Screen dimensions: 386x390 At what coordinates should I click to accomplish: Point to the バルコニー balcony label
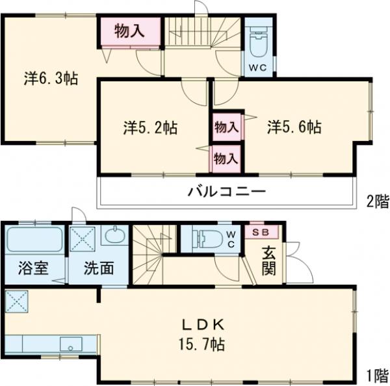click(x=227, y=192)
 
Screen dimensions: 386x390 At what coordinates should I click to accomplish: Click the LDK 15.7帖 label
click(x=203, y=333)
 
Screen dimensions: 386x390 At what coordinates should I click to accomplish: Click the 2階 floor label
click(x=376, y=202)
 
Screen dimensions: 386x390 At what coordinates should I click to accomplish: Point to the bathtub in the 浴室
click(x=34, y=239)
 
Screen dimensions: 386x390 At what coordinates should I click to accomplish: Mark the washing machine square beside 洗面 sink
click(x=83, y=239)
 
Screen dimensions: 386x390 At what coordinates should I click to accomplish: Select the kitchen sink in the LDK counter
click(x=70, y=344)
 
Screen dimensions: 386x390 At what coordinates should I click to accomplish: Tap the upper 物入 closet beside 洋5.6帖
click(x=226, y=127)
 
